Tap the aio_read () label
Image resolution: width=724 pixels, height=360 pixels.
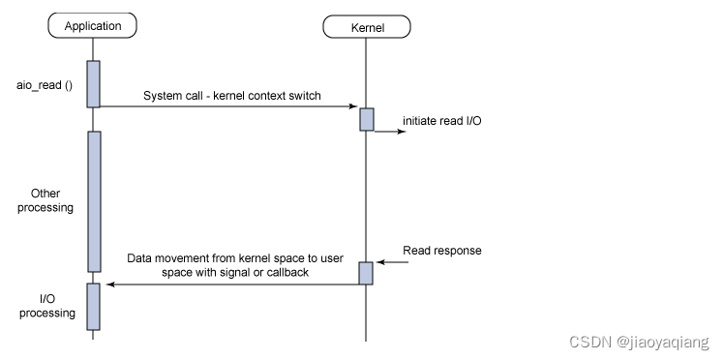[x=41, y=84]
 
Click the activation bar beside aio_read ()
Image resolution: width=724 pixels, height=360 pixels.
[x=94, y=84]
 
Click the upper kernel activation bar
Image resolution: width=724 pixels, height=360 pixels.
[x=367, y=119]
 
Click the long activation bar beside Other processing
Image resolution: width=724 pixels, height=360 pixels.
[x=94, y=201]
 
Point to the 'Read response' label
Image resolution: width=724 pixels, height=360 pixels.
[x=442, y=251]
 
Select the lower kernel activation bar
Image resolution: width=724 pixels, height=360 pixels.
[x=367, y=273]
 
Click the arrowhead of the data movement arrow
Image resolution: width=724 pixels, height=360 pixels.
[x=110, y=284]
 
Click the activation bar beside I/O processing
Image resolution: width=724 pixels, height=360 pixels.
[x=94, y=306]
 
